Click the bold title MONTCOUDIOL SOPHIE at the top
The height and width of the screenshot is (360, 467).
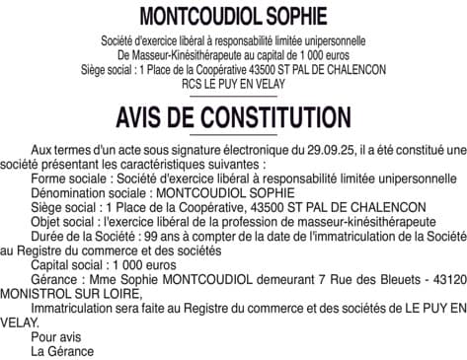233,17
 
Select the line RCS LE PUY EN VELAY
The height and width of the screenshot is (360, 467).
233,85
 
